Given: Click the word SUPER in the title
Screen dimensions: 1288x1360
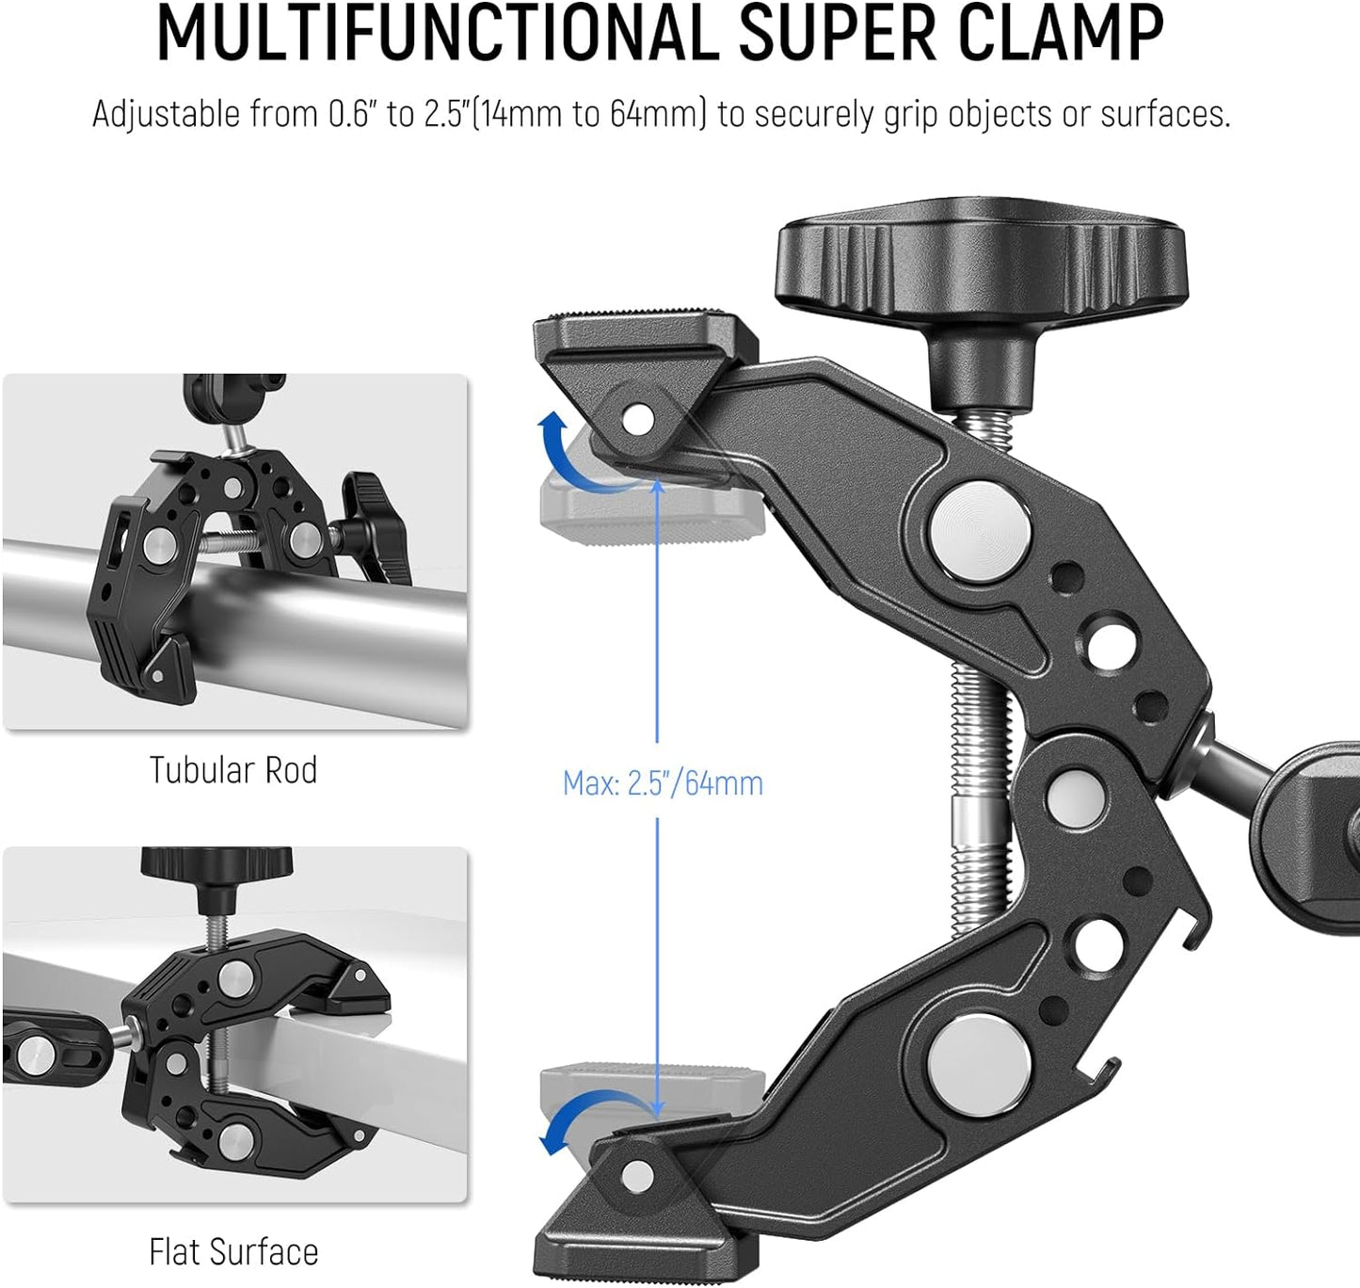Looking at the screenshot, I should pos(837,35).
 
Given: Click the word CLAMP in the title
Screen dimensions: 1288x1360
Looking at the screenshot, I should pos(1063,35).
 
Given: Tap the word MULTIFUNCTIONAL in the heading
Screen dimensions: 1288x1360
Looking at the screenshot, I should pos(439,35).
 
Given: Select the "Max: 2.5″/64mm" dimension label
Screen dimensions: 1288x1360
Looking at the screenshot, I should pos(663,783).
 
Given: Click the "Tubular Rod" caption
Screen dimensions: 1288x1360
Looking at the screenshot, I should pos(233,770).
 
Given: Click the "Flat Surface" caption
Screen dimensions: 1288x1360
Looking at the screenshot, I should pos(233,1252).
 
